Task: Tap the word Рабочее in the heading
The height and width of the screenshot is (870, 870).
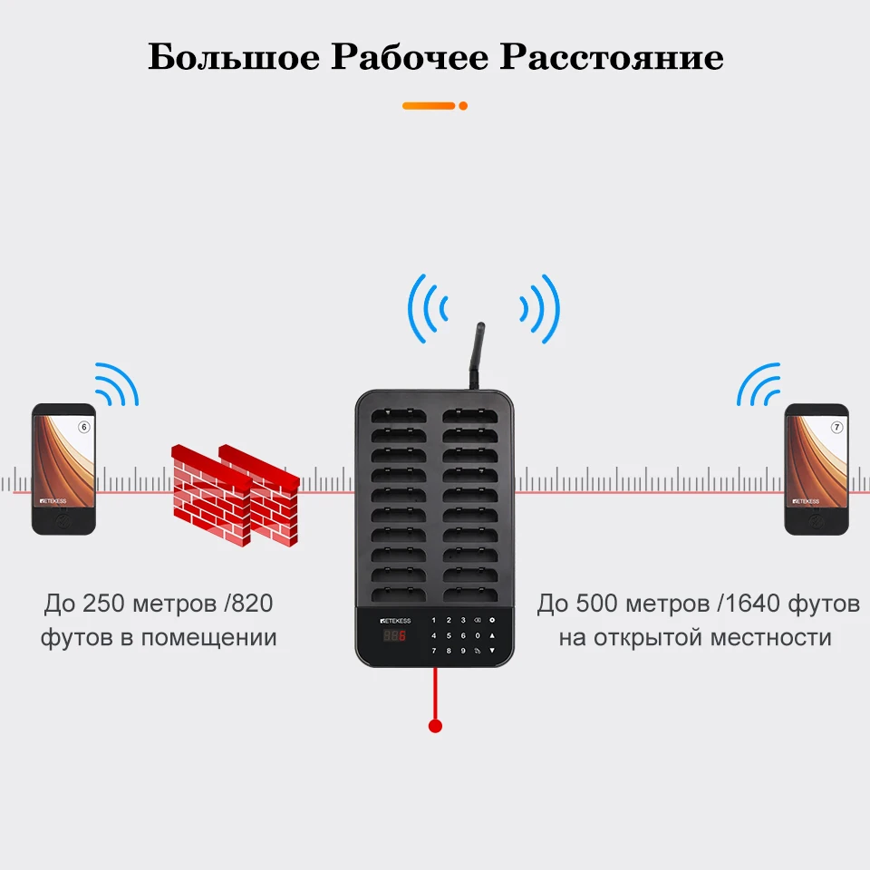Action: (x=411, y=57)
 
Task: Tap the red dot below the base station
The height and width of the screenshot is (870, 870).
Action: (x=435, y=726)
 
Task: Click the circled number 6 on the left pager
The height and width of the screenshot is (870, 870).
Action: (x=84, y=427)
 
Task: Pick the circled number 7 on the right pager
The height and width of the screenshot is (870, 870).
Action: (x=836, y=426)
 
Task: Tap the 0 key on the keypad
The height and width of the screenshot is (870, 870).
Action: (x=478, y=635)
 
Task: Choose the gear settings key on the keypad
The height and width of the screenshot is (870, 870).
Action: (x=492, y=621)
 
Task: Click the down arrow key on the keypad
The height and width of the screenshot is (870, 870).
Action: (x=492, y=651)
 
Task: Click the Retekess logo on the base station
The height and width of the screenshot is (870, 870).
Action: (x=395, y=621)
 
